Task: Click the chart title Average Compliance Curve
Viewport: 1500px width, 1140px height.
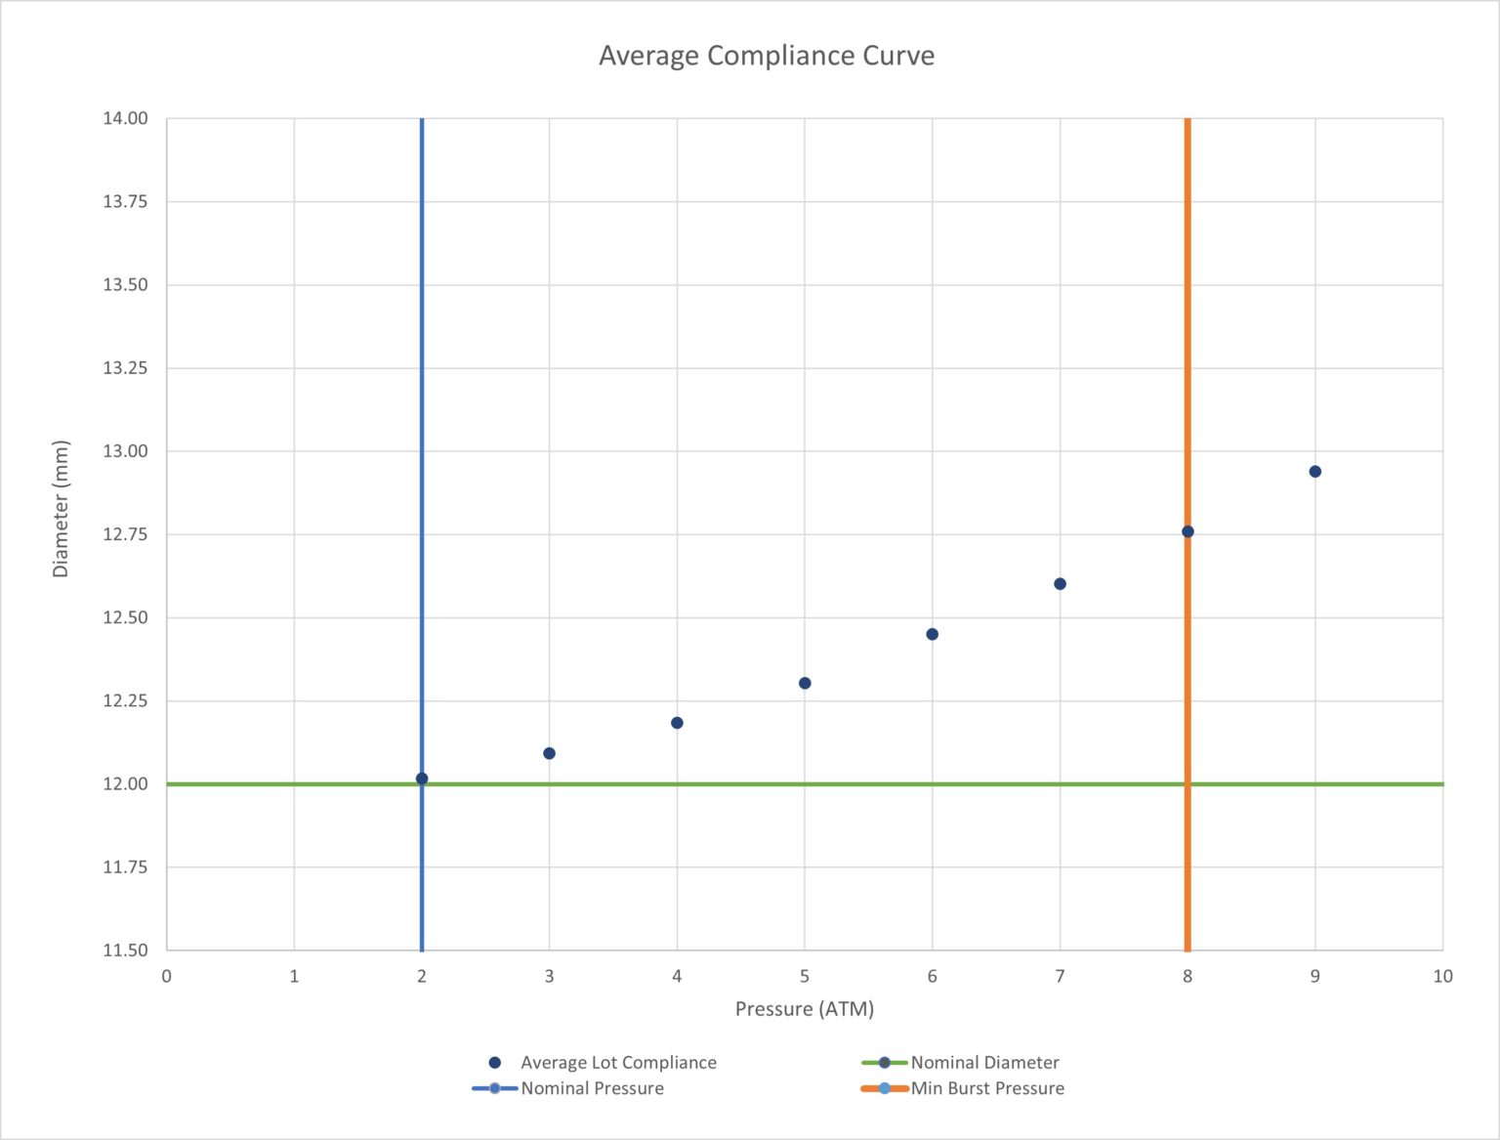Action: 766,56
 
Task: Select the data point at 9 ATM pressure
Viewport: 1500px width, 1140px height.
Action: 1314,472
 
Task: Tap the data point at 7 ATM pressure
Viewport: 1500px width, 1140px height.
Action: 1060,584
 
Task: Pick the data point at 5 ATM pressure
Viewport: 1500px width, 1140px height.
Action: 805,683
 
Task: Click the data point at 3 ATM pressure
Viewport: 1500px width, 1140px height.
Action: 549,753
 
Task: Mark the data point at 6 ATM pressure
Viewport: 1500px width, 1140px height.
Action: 932,634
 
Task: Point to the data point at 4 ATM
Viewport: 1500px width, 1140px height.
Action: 677,723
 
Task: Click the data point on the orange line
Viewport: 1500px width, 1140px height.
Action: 1187,531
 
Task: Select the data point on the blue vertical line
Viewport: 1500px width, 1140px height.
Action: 422,779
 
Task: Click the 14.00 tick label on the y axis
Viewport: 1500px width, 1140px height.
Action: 125,118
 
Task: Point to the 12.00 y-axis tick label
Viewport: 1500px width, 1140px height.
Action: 125,783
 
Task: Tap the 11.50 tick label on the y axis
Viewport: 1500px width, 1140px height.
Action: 125,950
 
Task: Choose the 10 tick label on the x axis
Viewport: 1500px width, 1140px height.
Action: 1442,976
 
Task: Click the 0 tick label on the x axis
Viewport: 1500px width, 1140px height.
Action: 166,976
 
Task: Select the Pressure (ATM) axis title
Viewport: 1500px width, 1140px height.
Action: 804,1009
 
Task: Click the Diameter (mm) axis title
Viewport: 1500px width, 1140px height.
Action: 61,509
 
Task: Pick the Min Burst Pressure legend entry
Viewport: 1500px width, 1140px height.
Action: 986,1088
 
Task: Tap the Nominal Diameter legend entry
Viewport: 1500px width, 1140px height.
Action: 983,1063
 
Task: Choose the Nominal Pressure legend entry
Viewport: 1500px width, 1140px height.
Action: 591,1088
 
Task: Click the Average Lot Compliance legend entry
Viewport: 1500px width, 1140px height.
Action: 617,1063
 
